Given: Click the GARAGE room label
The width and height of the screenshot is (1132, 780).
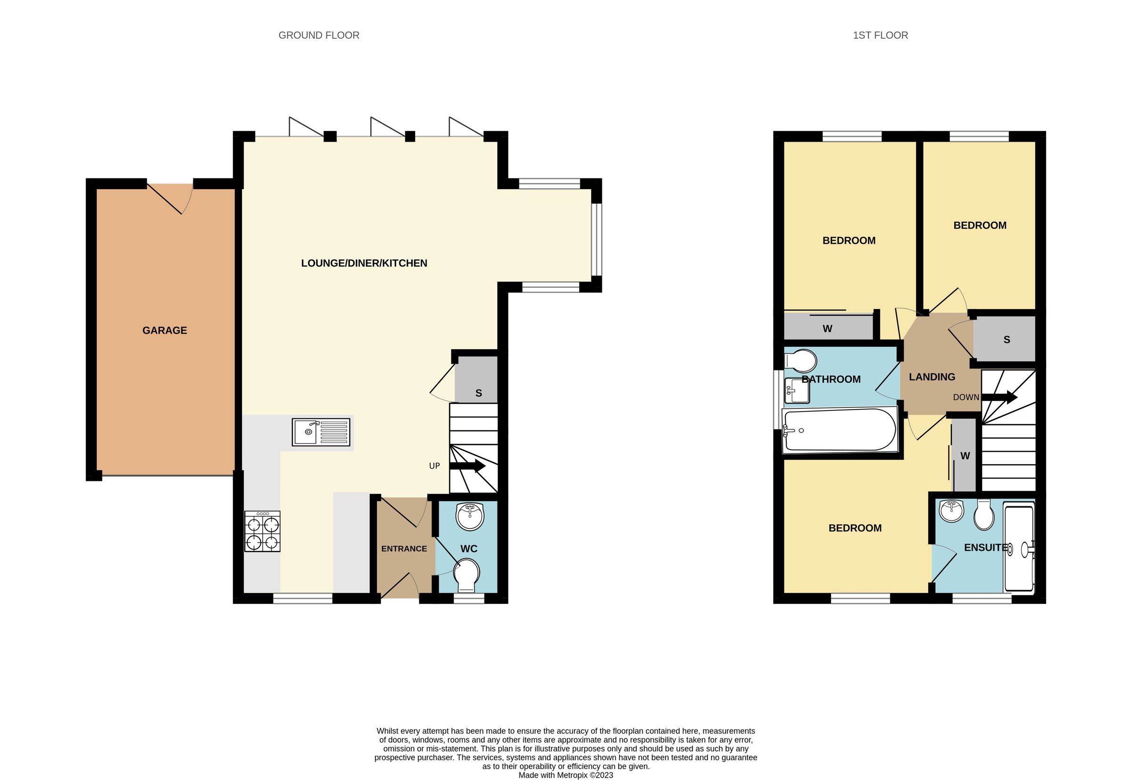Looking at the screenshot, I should tap(164, 330).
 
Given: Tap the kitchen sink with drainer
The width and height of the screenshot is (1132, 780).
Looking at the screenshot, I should tap(320, 432).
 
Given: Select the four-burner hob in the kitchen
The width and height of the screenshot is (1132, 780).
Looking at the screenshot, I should tap(262, 532).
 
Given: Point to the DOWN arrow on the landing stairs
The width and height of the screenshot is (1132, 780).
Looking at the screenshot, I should tap(999, 397).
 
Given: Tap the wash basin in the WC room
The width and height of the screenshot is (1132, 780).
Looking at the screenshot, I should tap(469, 516).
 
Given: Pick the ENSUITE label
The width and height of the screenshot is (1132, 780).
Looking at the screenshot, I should tap(985, 547).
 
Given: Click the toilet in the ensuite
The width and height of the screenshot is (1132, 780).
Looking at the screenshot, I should tap(984, 515).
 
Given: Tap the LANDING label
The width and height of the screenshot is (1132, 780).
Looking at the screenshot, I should tap(932, 377).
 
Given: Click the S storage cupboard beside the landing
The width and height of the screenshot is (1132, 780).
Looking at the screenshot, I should tap(1006, 339).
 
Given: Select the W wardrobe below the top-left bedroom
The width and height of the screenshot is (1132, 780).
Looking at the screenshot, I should tap(827, 328).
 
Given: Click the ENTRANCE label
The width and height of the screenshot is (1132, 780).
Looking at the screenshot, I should tap(404, 549).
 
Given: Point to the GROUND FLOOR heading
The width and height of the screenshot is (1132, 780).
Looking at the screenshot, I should tap(318, 35).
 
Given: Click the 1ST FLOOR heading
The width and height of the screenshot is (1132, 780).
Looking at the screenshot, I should tap(880, 35).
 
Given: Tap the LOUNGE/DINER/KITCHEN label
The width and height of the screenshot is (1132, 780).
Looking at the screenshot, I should tap(364, 263).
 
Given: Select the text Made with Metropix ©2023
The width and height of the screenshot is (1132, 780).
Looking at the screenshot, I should tap(565, 775).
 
